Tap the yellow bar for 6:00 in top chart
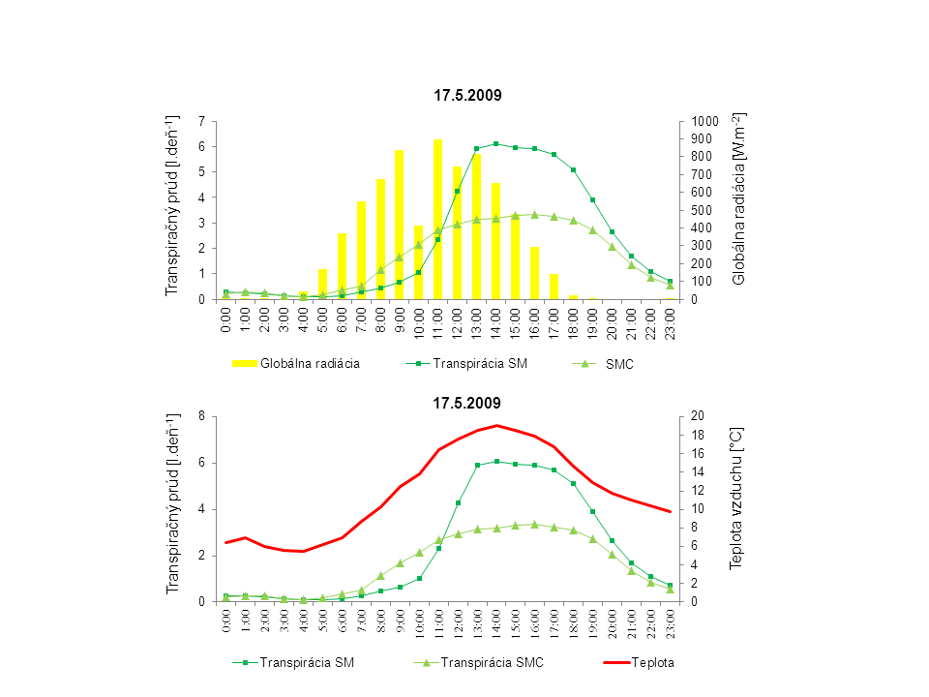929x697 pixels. pos(342,266)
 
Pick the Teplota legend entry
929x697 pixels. pos(653,663)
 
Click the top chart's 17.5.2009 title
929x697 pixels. pos(467,95)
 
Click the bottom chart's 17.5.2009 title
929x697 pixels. pos(467,401)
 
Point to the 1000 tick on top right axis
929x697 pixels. pos(706,121)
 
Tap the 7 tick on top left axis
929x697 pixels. pos(201,121)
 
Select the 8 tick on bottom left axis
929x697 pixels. pos(201,416)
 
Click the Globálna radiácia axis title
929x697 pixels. pos(739,198)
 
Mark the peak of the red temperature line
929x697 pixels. pos(496,425)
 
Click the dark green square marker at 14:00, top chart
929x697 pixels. pos(496,143)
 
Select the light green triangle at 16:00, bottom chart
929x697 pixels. pos(534,524)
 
